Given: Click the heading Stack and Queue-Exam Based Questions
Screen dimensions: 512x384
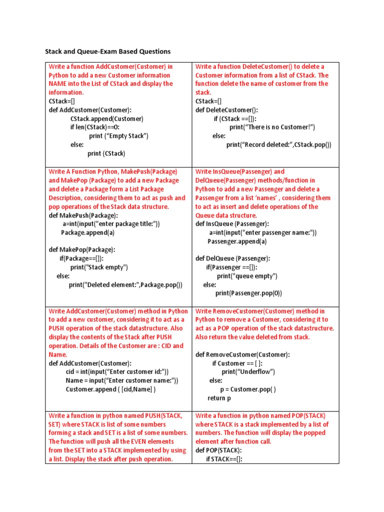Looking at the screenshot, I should [x=108, y=51].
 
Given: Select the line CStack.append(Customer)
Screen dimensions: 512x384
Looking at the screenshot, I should [x=107, y=118].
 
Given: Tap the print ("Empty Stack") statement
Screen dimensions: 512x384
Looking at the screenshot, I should [x=118, y=136].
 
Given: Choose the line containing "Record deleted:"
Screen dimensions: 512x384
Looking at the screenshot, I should [x=278, y=144].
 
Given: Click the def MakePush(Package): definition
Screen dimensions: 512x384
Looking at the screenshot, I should [x=83, y=215].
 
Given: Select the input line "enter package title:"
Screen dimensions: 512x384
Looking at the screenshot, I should [x=111, y=224].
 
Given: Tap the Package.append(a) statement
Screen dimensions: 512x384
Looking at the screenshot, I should [x=88, y=232].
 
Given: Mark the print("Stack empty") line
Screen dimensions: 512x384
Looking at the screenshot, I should [x=99, y=267].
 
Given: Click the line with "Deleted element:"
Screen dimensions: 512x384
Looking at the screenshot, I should [x=125, y=284].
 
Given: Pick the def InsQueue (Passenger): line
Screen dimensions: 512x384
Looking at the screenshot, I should [x=232, y=224].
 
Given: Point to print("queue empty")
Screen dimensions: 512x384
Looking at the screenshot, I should [x=247, y=276].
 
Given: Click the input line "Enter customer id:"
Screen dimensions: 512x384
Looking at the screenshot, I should [x=117, y=371].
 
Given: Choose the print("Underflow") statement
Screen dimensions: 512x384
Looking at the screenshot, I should [x=248, y=371].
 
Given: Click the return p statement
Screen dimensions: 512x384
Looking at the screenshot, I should [x=219, y=398].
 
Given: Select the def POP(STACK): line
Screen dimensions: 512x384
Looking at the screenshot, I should [x=219, y=450].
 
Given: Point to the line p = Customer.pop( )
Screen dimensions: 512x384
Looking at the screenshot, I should [x=248, y=389].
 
